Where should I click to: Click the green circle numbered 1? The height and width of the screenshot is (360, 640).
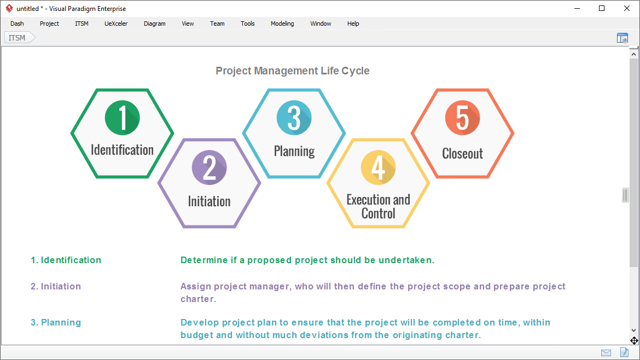click(122, 117)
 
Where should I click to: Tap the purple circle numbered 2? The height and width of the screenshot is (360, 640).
click(210, 168)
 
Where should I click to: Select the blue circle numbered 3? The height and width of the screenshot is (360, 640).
click(294, 118)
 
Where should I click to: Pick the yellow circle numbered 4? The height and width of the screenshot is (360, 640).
click(378, 167)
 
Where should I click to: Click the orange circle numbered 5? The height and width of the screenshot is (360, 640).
click(462, 118)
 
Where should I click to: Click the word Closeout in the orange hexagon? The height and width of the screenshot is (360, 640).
click(462, 154)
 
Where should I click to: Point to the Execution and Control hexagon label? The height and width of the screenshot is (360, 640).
click(378, 206)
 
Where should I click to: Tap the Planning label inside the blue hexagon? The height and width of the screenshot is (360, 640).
click(294, 151)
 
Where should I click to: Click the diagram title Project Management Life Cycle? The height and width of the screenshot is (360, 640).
click(292, 71)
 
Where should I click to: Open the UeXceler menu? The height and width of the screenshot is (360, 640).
click(116, 24)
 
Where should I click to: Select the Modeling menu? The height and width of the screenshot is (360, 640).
click(282, 24)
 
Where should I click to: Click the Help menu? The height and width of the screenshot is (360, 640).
click(353, 24)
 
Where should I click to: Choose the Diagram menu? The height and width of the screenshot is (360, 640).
click(154, 24)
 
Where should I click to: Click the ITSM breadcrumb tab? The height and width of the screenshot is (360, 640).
click(17, 38)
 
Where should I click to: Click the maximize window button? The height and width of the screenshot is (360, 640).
click(602, 8)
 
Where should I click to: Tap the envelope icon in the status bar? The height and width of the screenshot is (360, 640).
click(606, 352)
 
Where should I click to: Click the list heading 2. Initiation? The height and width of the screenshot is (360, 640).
click(56, 286)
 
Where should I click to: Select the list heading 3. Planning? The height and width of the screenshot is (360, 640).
click(56, 322)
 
